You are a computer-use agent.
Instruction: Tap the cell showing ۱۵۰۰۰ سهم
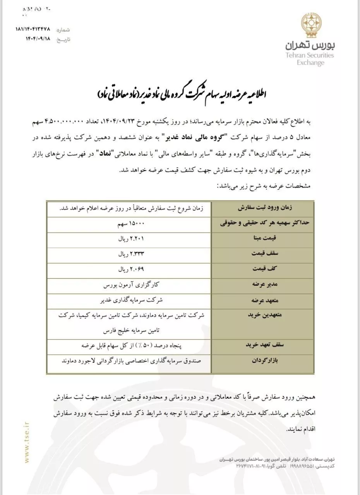click(131, 224)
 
